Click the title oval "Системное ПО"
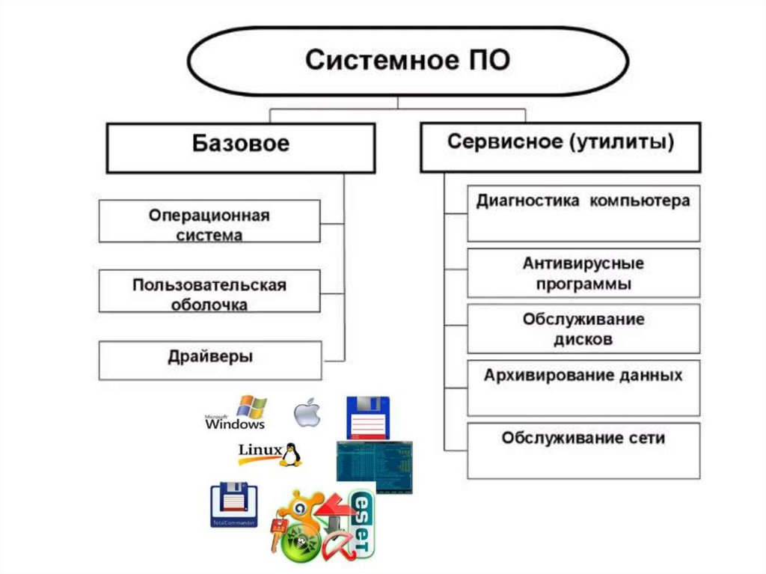click(x=408, y=61)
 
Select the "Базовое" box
click(x=240, y=147)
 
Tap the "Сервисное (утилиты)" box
click(x=560, y=147)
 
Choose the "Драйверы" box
click(x=209, y=360)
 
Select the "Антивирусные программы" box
click(x=583, y=274)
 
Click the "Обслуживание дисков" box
click(x=583, y=328)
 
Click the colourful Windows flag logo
click(x=251, y=407)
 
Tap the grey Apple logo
click(x=307, y=413)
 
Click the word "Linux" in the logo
click(x=259, y=450)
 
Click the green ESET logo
click(x=364, y=524)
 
